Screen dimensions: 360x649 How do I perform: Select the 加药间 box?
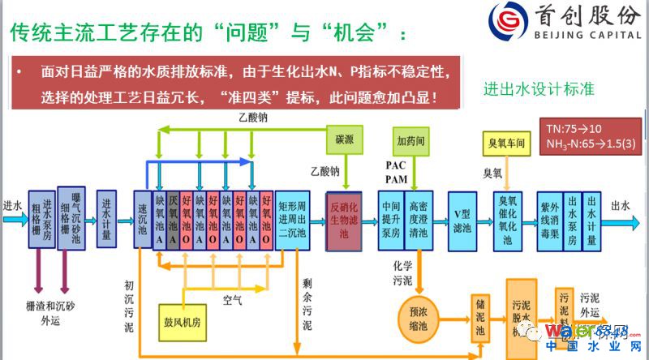click(x=410, y=139)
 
